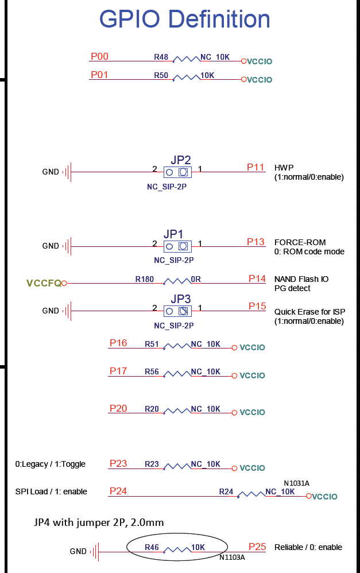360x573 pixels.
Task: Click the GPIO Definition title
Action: tap(184, 20)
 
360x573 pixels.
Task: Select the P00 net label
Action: tap(99, 56)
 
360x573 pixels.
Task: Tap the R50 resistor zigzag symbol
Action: tap(187, 78)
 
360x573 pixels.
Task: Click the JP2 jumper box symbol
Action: tap(177, 172)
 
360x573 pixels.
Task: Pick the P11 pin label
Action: tap(256, 167)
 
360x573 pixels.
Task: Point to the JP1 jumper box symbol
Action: tap(177, 246)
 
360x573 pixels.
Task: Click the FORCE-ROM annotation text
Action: tap(300, 242)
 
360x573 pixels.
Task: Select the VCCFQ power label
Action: tap(44, 283)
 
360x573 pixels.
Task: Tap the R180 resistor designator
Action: tap(144, 279)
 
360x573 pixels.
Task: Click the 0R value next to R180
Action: tap(196, 279)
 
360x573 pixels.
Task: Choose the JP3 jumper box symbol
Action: tap(177, 311)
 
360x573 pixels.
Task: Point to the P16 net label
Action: tap(118, 343)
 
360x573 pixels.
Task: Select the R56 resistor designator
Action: tap(152, 371)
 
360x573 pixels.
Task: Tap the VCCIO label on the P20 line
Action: tap(252, 412)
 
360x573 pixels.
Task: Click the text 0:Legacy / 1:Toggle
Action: tap(50, 464)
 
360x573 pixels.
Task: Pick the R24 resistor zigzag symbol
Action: tap(251, 495)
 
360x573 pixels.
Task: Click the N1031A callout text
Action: tap(296, 483)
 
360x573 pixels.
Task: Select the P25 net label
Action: tap(257, 547)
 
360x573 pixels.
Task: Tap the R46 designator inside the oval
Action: tap(152, 547)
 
